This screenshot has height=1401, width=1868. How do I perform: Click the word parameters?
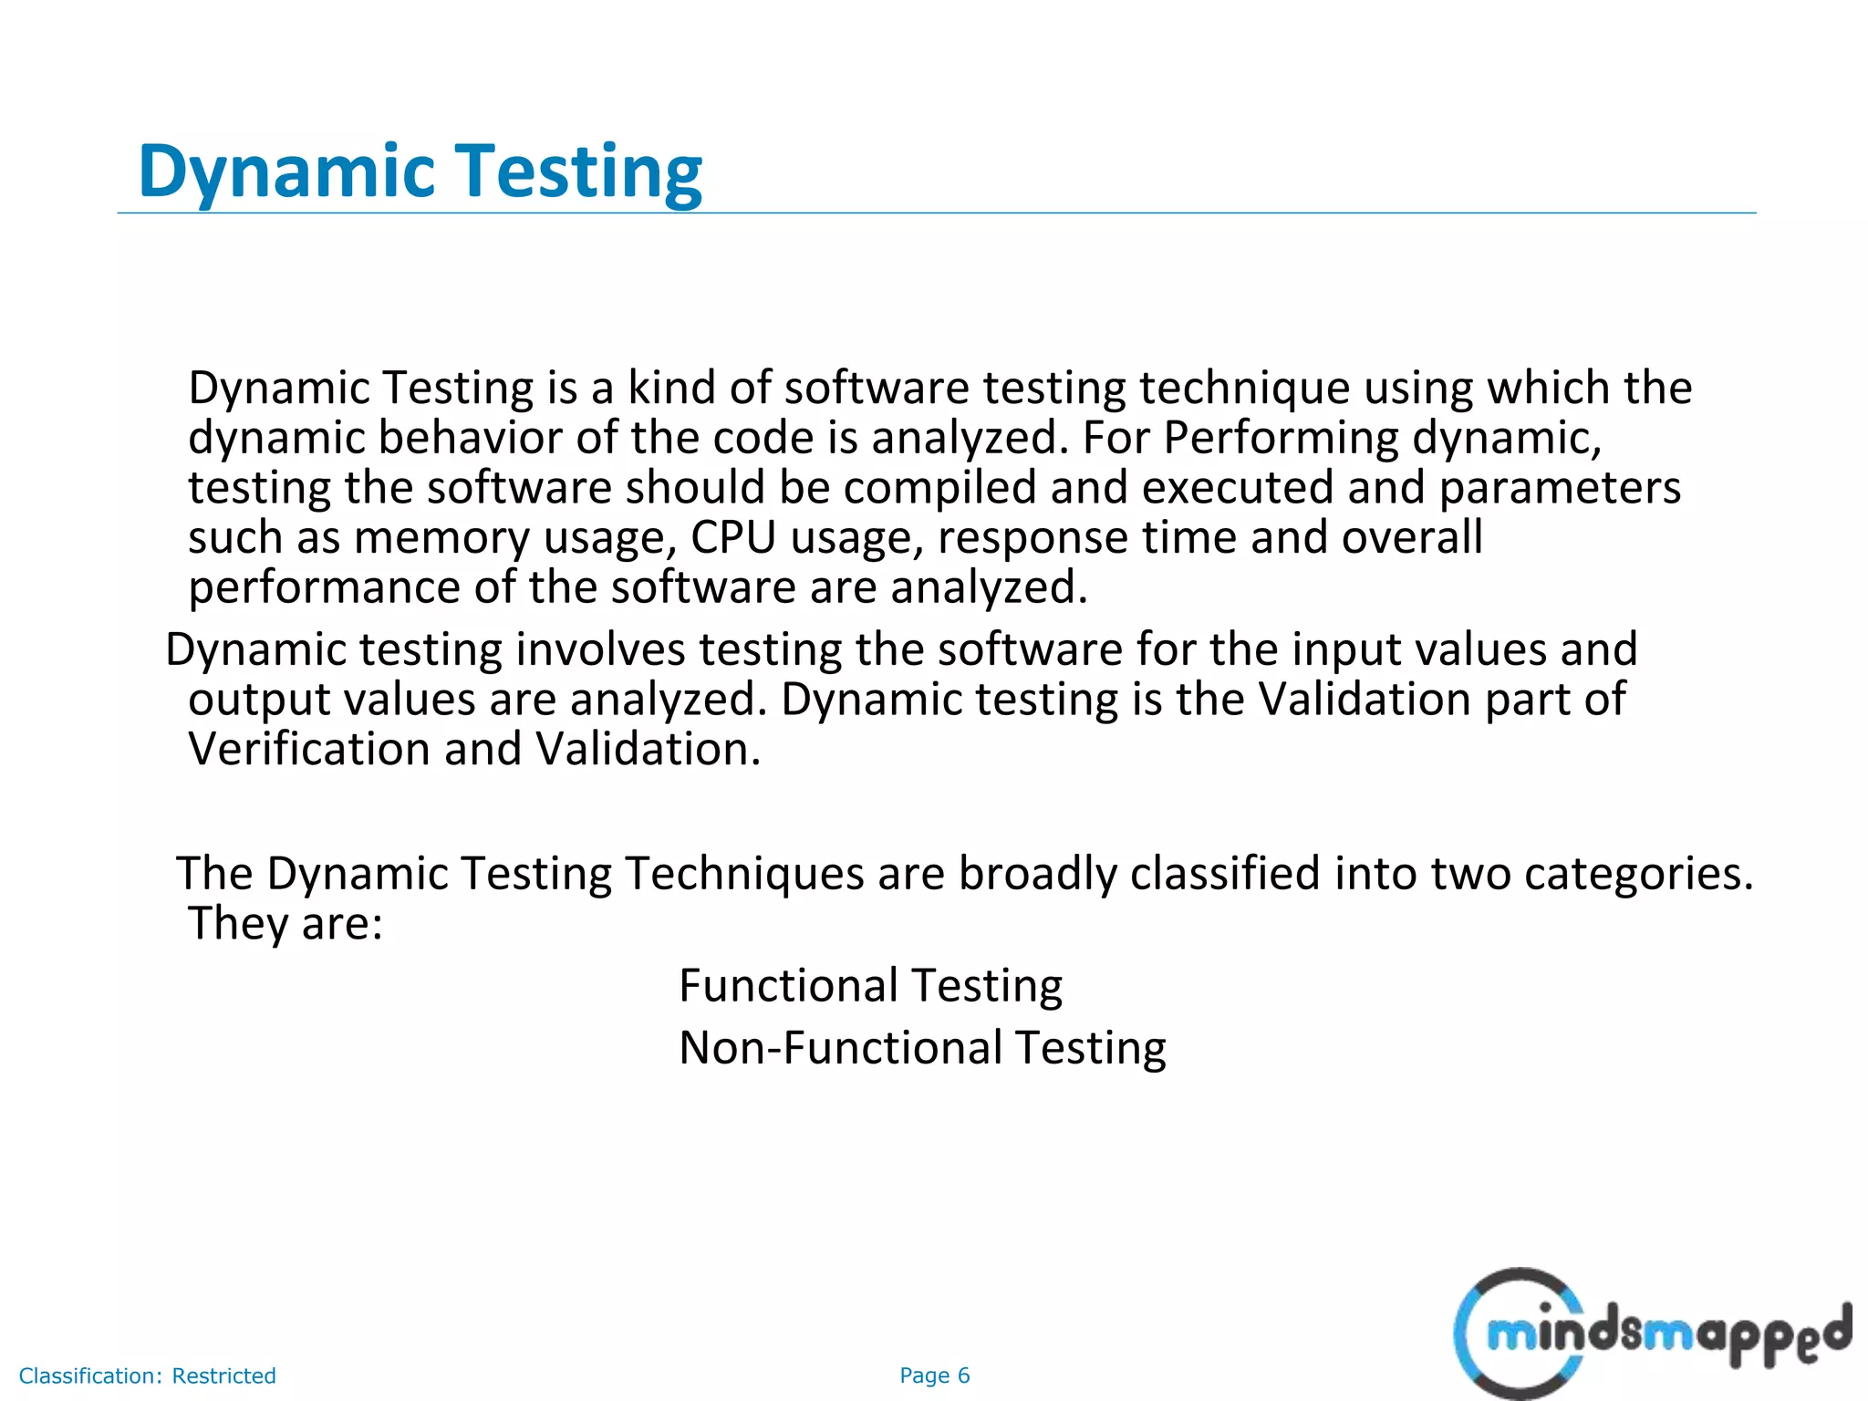coord(1559,488)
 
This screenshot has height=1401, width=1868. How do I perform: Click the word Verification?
coord(308,750)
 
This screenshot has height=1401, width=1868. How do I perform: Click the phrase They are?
coord(285,923)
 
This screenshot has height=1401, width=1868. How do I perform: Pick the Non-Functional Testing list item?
coord(922,1047)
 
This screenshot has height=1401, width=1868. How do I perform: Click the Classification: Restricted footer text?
coord(147,1375)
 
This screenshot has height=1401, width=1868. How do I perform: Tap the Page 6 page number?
coord(934,1375)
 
